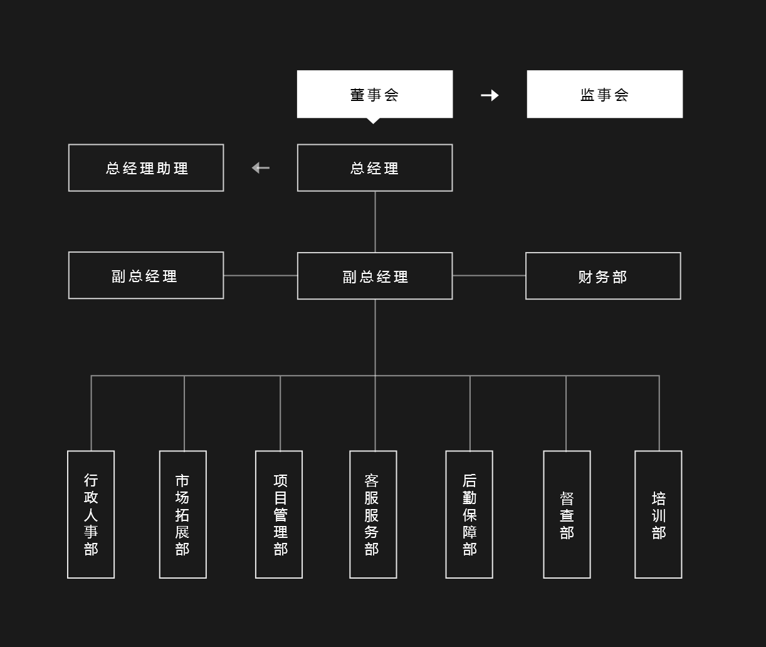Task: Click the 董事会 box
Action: tap(375, 94)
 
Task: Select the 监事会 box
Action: tap(604, 94)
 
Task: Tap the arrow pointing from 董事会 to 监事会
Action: tap(490, 95)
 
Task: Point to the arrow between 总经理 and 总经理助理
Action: tap(261, 168)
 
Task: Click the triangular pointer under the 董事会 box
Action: tap(373, 121)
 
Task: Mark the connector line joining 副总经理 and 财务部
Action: tap(489, 276)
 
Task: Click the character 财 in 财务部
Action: tap(585, 277)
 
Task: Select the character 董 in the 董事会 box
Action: tap(357, 95)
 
